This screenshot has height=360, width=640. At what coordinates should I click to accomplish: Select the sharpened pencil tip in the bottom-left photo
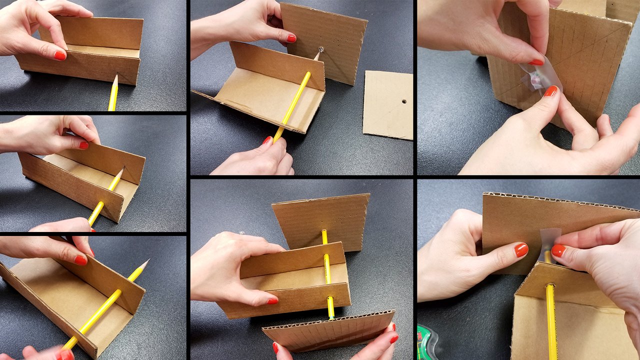pyautogui.click(x=144, y=262)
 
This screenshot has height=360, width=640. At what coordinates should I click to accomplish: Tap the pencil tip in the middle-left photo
pyautogui.click(x=120, y=171)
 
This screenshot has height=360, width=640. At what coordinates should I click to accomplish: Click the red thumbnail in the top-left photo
pyautogui.click(x=60, y=55)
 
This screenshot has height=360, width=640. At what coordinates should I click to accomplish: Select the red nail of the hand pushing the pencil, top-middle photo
pyautogui.click(x=268, y=140)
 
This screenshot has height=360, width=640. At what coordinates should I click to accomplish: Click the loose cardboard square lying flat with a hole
pyautogui.click(x=387, y=105)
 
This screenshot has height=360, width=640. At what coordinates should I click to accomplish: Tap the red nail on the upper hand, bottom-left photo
pyautogui.click(x=80, y=259)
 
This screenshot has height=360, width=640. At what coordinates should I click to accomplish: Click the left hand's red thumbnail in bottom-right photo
pyautogui.click(x=521, y=249)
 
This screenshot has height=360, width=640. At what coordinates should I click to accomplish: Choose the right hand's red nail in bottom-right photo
pyautogui.click(x=558, y=250)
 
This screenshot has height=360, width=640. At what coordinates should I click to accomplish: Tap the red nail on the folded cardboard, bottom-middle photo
pyautogui.click(x=272, y=301)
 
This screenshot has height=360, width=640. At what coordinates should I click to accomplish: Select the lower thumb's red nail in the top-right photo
pyautogui.click(x=550, y=91)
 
